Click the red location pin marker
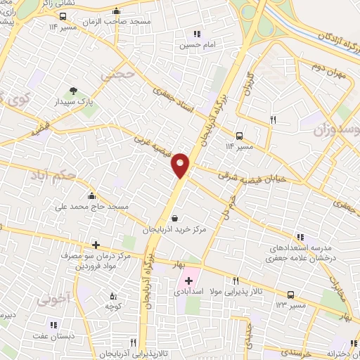[181, 165]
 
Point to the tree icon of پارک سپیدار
[73, 89]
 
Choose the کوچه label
[114, 307]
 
